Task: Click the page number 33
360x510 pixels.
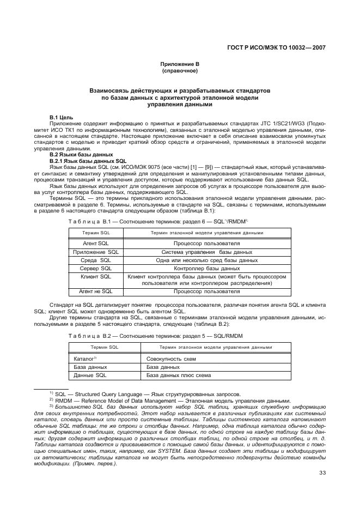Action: click(x=322, y=473)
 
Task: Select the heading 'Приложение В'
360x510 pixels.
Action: click(x=179, y=64)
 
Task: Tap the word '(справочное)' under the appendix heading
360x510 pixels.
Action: click(x=179, y=71)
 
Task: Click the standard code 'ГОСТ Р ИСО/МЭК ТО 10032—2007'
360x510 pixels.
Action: click(x=276, y=47)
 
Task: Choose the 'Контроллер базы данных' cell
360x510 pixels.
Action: click(x=206, y=269)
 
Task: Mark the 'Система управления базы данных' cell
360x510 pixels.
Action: click(x=206, y=252)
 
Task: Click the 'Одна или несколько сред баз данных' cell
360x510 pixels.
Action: click(x=206, y=260)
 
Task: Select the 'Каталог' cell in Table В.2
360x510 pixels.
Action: click(x=84, y=359)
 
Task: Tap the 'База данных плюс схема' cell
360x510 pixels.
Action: click(x=178, y=375)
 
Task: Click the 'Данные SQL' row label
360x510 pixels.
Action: click(x=90, y=375)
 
